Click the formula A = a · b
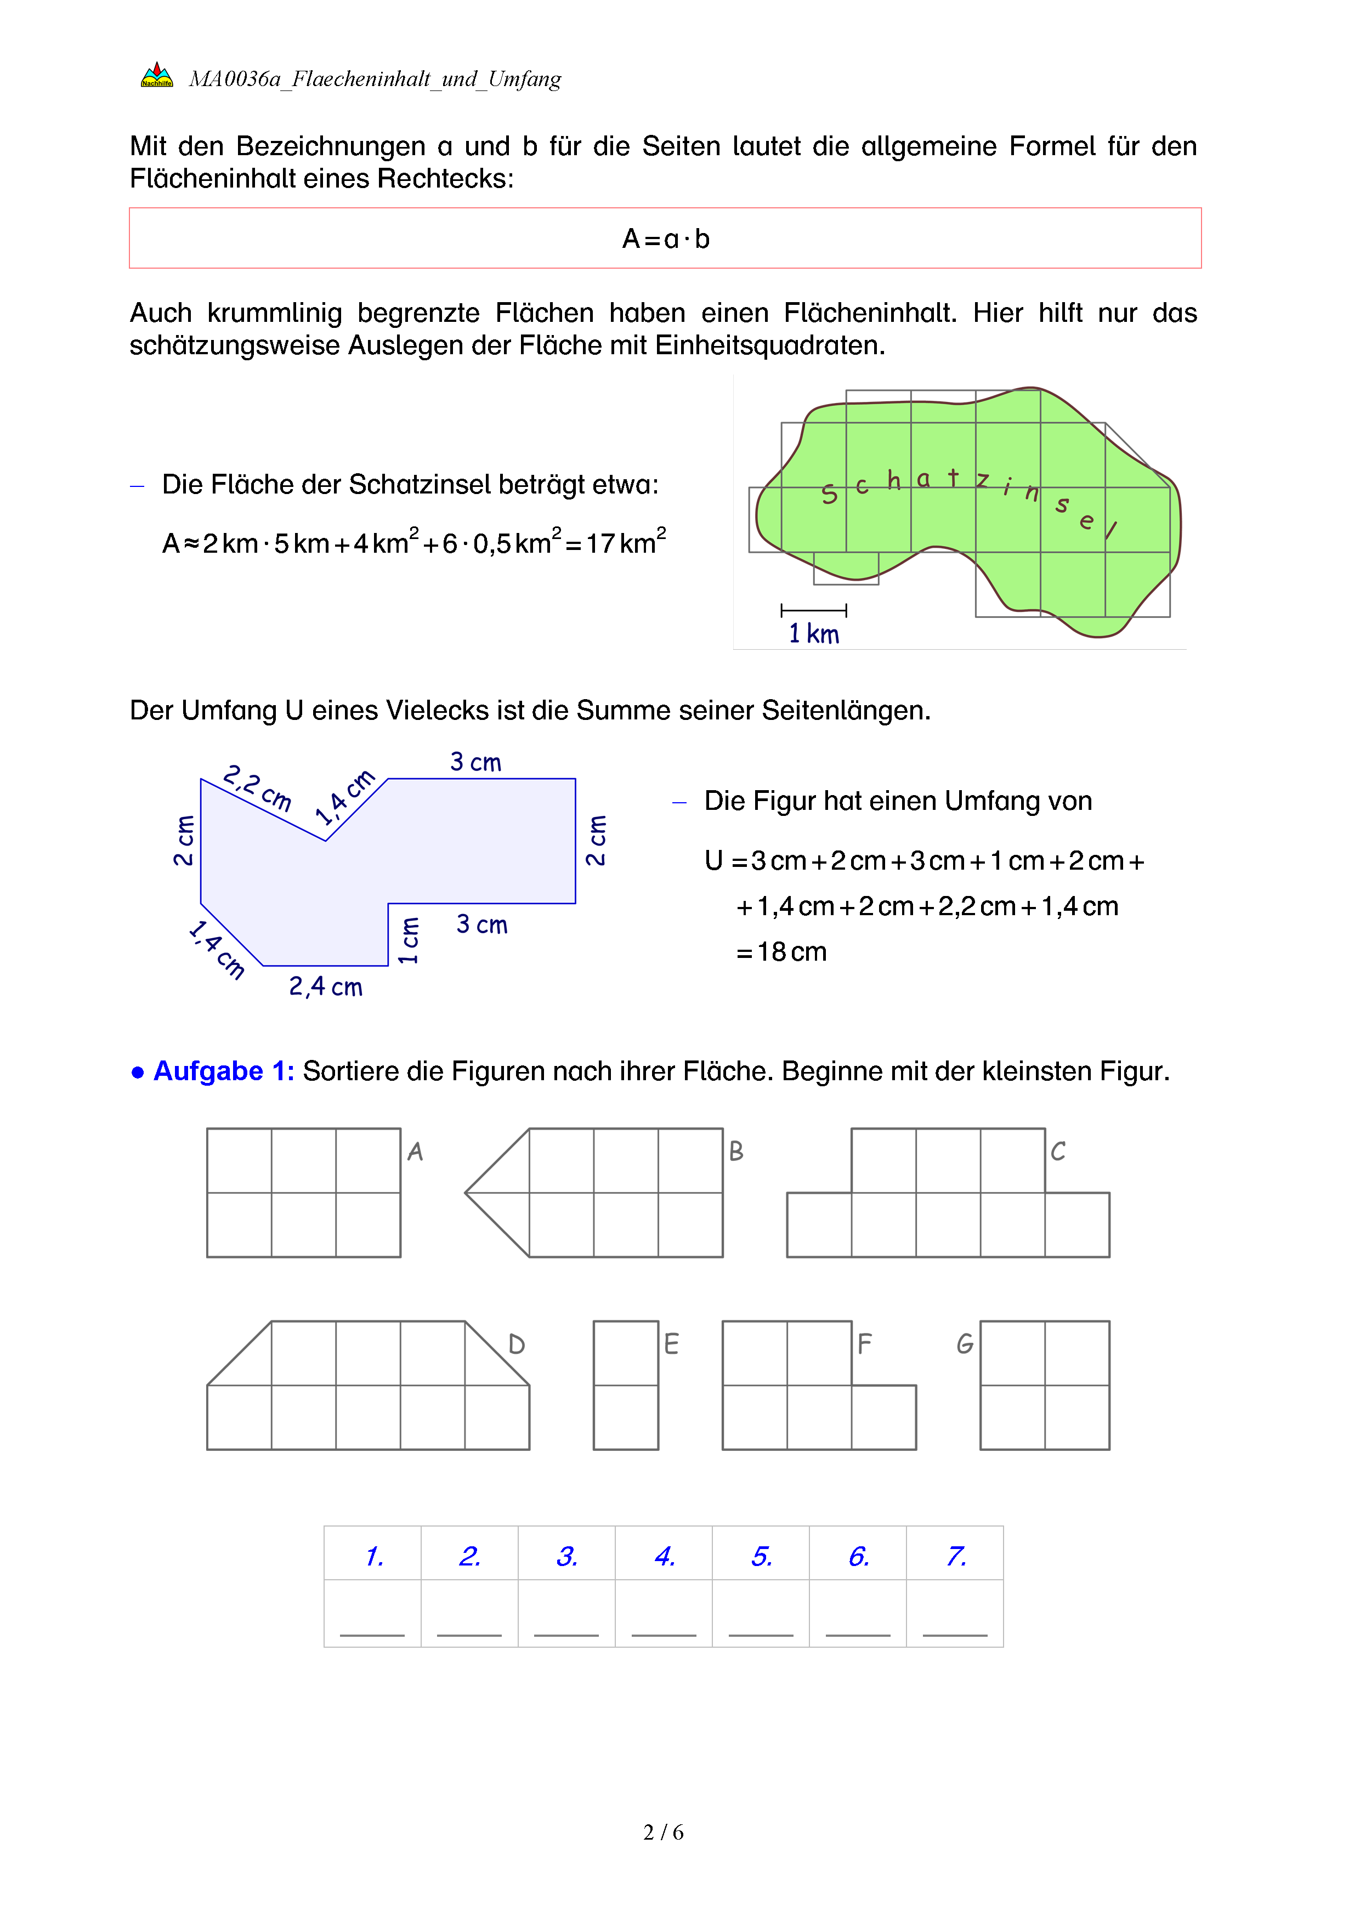[x=666, y=240]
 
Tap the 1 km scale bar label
[x=813, y=634]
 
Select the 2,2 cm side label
[x=257, y=787]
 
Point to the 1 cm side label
[x=409, y=940]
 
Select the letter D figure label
[x=517, y=1345]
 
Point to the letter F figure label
[x=864, y=1345]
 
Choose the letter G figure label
[x=965, y=1345]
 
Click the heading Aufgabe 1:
[x=223, y=1071]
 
